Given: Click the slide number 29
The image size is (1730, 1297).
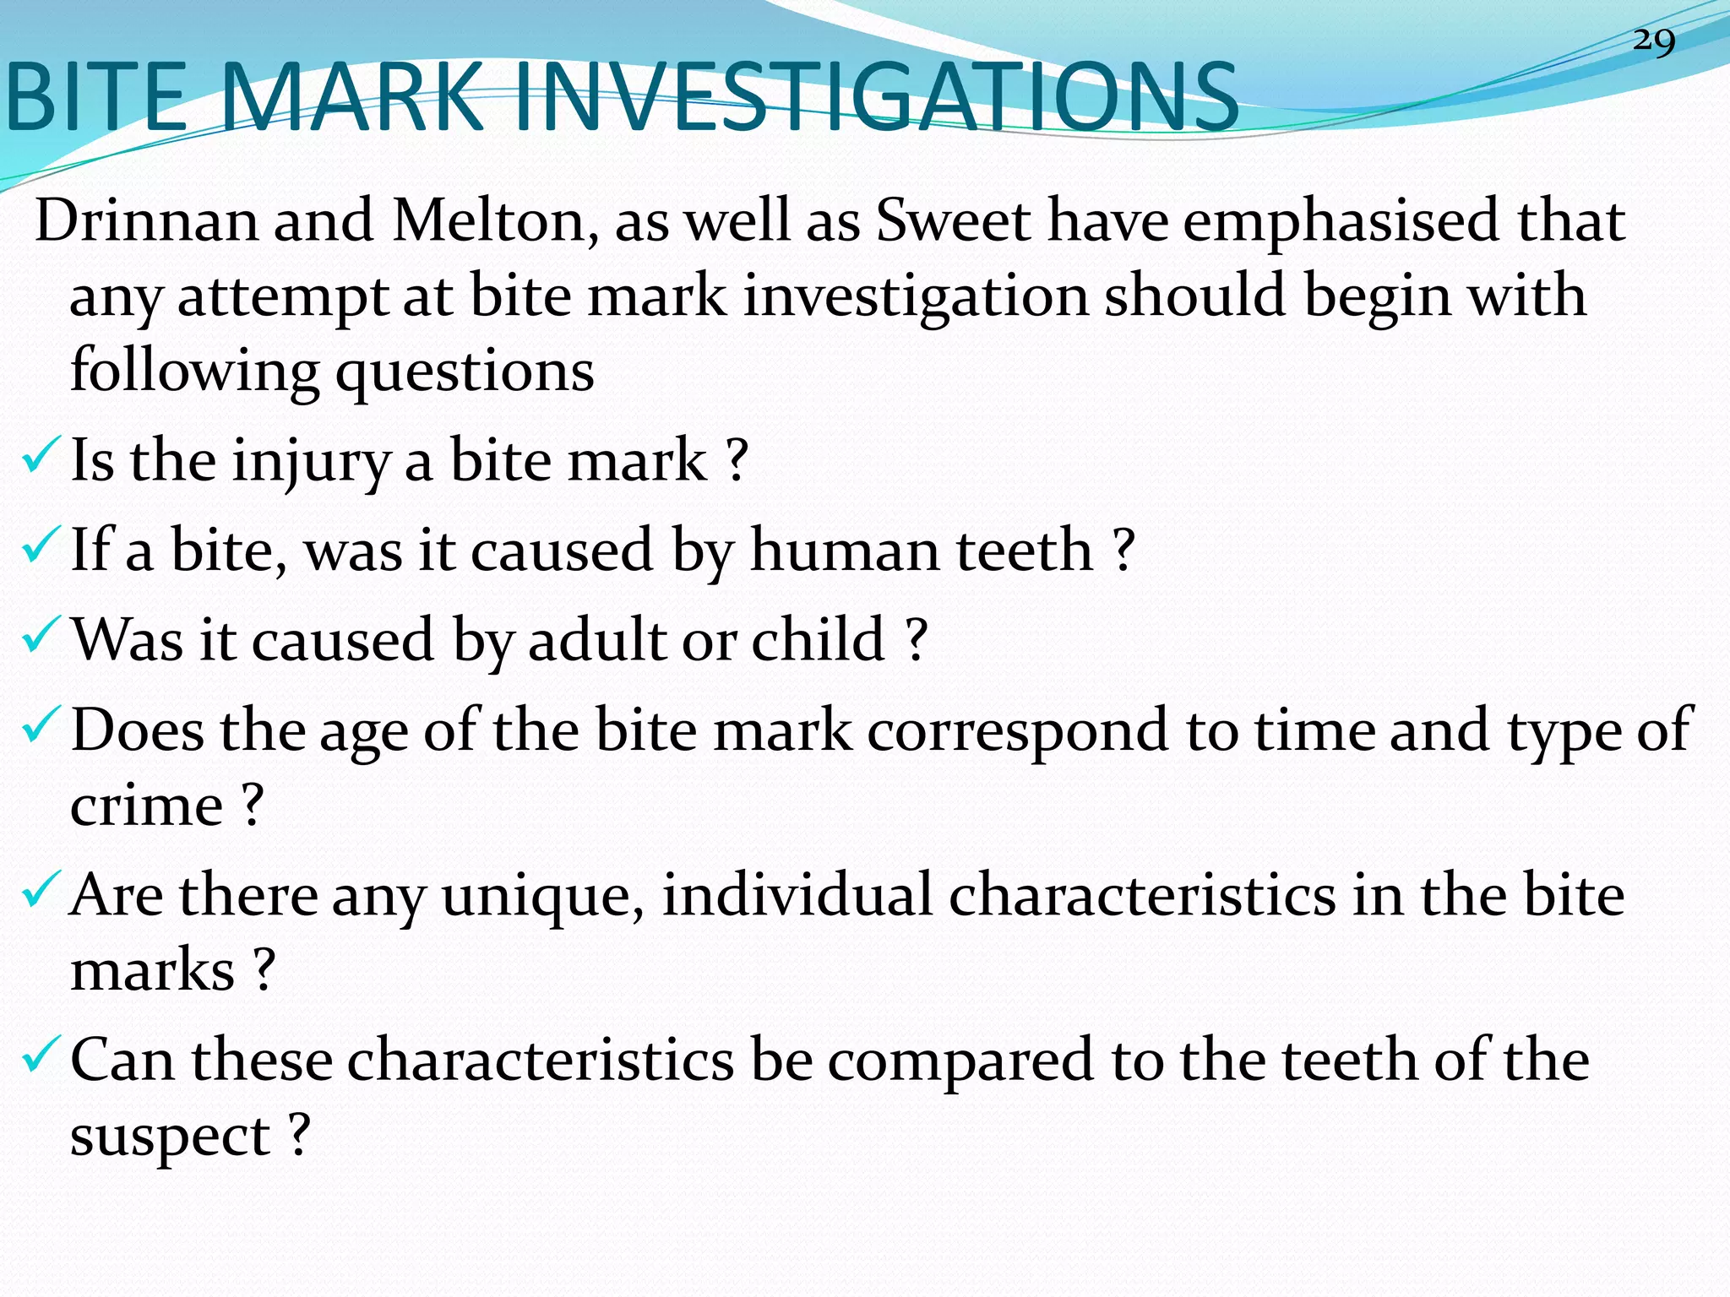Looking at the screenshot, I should tap(1653, 41).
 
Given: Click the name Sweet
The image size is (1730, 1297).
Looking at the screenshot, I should tap(953, 221).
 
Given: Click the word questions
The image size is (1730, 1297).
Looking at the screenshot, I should tap(465, 372).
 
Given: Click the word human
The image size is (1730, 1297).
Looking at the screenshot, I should tap(843, 551).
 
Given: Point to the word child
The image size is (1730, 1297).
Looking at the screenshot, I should tap(818, 639).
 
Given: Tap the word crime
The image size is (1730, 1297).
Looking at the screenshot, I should tap(146, 806).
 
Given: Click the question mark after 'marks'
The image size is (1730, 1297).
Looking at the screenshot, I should tap(264, 969).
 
